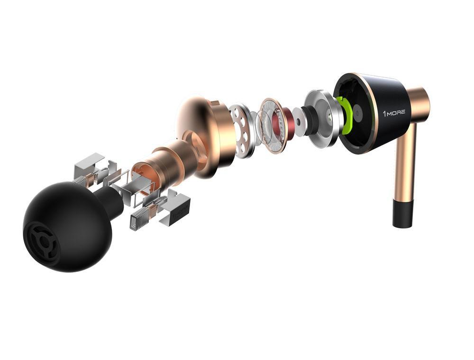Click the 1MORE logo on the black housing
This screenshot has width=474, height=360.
click(x=394, y=113)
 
